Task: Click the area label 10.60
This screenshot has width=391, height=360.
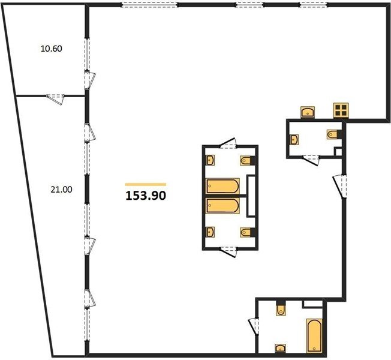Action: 52,49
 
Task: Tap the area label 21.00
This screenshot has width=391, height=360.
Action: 61,190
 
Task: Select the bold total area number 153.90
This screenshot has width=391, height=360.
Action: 146,196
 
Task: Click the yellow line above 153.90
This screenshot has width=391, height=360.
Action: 146,185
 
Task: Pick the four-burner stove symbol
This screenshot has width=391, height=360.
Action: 341,110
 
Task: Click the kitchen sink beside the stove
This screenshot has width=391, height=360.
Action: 308,112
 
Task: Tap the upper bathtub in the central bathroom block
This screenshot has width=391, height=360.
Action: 222,186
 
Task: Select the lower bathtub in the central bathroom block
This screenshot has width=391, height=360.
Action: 222,206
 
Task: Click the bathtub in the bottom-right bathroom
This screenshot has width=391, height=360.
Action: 314,335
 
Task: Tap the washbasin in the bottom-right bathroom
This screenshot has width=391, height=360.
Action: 281,348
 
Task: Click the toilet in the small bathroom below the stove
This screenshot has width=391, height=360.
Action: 332,134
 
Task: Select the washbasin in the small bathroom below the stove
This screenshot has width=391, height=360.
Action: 294,139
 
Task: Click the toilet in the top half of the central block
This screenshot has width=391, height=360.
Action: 245,160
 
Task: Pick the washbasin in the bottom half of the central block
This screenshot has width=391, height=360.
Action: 210,232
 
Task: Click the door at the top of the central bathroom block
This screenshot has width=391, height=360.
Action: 228,144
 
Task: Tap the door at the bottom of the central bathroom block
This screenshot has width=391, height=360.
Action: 228,251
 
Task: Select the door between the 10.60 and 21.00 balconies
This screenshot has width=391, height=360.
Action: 55,99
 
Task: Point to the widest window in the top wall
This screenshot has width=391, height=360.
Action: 150,5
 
